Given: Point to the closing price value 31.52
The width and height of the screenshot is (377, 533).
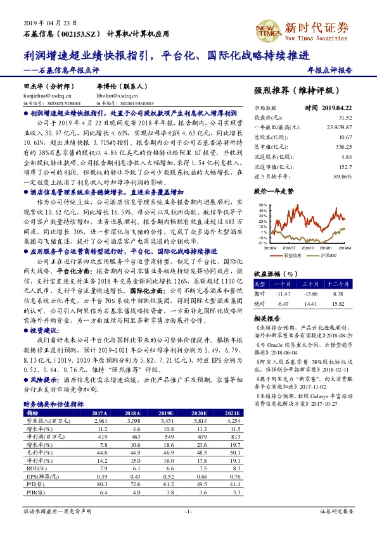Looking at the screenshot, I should pyautogui.click(x=345, y=117).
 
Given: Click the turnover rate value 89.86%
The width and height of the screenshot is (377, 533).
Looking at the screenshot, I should pyautogui.click(x=342, y=176).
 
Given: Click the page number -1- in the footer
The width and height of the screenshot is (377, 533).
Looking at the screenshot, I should pyautogui.click(x=188, y=510).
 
